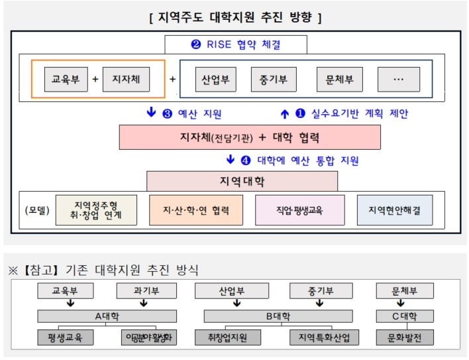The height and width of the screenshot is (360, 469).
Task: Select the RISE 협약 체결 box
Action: pyautogui.click(x=236, y=45)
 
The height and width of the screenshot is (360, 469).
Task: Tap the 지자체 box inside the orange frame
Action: pyautogui.click(x=126, y=80)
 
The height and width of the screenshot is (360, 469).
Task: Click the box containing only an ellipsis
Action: pyautogui.click(x=398, y=80)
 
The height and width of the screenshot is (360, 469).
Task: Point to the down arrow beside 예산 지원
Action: pyautogui.click(x=151, y=113)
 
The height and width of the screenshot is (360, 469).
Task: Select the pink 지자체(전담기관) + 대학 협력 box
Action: pyautogui.click(x=250, y=137)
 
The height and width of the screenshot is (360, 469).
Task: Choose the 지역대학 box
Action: pyautogui.click(x=242, y=181)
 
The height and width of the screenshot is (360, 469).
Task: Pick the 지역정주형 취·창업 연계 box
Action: pyautogui.click(x=97, y=210)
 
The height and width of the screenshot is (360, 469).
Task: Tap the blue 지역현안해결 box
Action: pyautogui.click(x=395, y=210)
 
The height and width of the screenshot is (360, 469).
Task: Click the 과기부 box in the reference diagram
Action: pyautogui.click(x=144, y=291)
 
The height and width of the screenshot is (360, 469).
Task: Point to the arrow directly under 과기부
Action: pyautogui.click(x=144, y=304)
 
